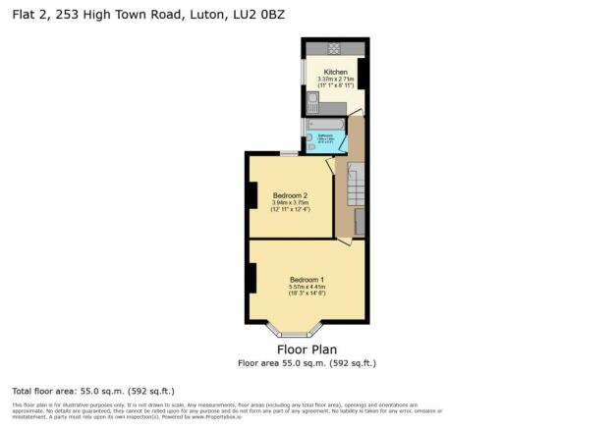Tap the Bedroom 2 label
(x=291, y=195)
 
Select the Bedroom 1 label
(x=307, y=280)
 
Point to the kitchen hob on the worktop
(x=335, y=48)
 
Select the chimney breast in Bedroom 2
(x=251, y=196)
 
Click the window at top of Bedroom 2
(x=288, y=153)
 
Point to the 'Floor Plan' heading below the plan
(x=307, y=349)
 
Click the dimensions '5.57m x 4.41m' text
(x=307, y=287)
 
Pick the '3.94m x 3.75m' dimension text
(x=291, y=202)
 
